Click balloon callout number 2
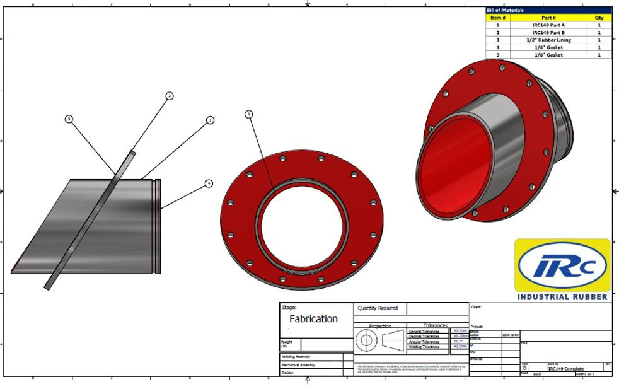169,96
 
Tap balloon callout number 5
69,119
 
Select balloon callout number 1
211,119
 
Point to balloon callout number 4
209,183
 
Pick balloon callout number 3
248,114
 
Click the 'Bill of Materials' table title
505,10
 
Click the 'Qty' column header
599,18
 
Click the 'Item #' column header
498,18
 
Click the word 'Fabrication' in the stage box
313,319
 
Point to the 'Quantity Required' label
378,308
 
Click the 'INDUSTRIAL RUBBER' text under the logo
562,296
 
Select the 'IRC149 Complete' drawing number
566,369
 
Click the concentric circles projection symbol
366,341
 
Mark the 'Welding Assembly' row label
296,357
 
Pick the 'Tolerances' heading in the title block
436,326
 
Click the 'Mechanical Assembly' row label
298,364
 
